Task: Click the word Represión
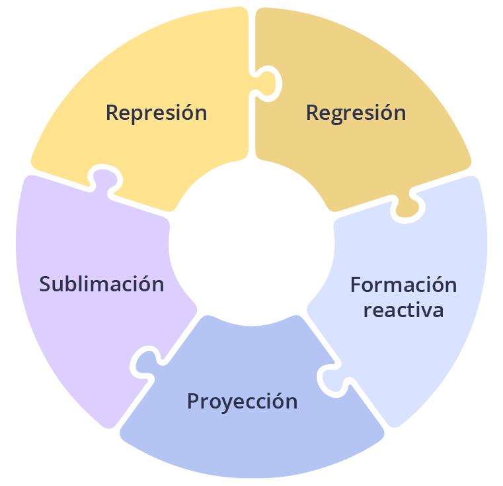point(156,113)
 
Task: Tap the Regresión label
point(356,113)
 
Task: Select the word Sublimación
point(101,284)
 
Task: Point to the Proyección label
point(242,401)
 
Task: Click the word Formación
point(403,285)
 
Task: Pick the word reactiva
point(403,310)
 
